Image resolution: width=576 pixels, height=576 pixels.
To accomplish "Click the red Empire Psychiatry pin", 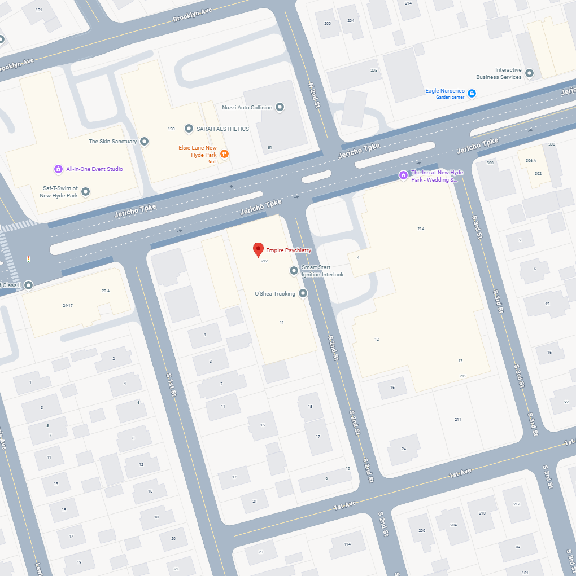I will click(258, 249).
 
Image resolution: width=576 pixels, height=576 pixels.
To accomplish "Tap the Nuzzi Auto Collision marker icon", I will click(280, 107).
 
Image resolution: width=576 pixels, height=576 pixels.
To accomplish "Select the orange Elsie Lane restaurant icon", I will click(225, 153).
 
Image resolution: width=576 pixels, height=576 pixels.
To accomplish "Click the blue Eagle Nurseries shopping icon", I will click(472, 93).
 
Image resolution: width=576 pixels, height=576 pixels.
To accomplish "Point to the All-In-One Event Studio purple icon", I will click(58, 169).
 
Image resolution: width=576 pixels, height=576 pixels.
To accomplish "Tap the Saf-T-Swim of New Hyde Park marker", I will click(86, 192).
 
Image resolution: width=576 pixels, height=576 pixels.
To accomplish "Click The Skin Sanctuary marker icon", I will click(144, 142).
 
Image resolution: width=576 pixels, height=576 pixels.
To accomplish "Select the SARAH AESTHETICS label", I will click(222, 129).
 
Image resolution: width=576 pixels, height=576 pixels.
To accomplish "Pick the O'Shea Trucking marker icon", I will click(303, 293).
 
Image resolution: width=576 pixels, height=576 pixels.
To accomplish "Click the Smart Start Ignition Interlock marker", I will click(294, 271).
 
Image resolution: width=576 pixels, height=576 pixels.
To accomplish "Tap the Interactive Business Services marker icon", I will click(529, 73).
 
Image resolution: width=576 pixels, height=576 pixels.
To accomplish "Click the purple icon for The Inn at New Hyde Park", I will click(403, 175).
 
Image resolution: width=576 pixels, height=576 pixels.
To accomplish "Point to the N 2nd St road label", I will click(314, 95).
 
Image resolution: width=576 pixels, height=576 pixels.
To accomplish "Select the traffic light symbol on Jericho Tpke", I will click(29, 259).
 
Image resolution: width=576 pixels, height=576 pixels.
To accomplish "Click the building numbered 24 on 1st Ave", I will click(404, 449).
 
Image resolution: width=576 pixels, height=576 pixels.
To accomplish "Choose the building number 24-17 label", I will click(68, 305).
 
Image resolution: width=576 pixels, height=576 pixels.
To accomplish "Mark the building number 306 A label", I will click(531, 161).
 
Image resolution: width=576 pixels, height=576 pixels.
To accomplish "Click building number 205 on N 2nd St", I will click(374, 70).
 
